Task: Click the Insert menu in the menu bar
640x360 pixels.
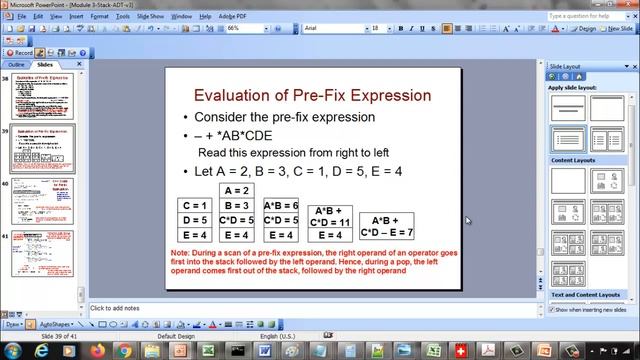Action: (x=76, y=17)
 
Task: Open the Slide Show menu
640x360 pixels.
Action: (x=150, y=17)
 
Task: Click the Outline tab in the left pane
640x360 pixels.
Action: (x=17, y=64)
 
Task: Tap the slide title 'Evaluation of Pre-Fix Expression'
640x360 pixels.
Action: (x=313, y=95)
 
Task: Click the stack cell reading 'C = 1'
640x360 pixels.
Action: (x=194, y=206)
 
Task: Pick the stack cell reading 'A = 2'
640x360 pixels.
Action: (x=237, y=191)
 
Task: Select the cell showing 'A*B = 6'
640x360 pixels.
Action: (x=281, y=206)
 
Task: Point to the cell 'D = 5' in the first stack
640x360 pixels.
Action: (x=194, y=220)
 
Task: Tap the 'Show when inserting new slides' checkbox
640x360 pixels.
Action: (x=552, y=309)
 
